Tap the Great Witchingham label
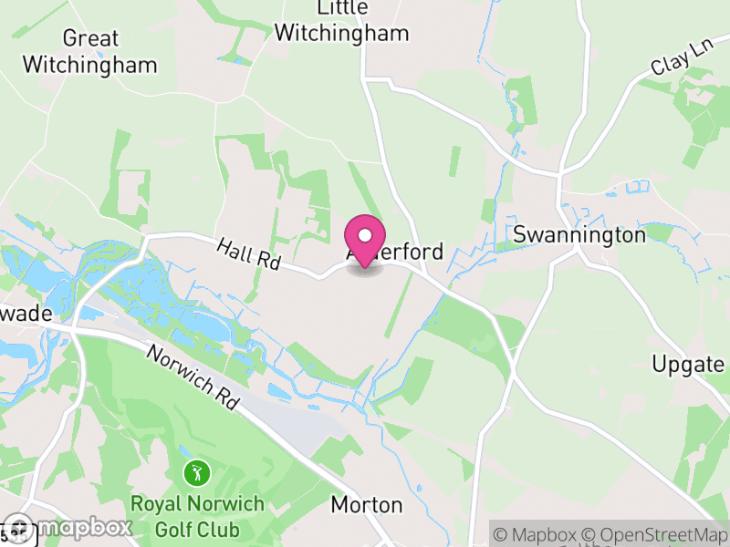(x=89, y=52)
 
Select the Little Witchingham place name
(x=342, y=21)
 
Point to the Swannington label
(x=579, y=234)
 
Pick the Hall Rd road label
(x=248, y=253)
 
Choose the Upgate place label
(x=688, y=365)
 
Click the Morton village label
(x=366, y=504)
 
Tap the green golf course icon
(x=197, y=474)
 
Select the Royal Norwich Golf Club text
(x=197, y=516)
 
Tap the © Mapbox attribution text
(x=538, y=534)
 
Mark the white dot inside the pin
(x=365, y=235)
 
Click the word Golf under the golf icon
(x=173, y=529)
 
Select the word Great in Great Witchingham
(x=90, y=38)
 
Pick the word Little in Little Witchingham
(x=342, y=8)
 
